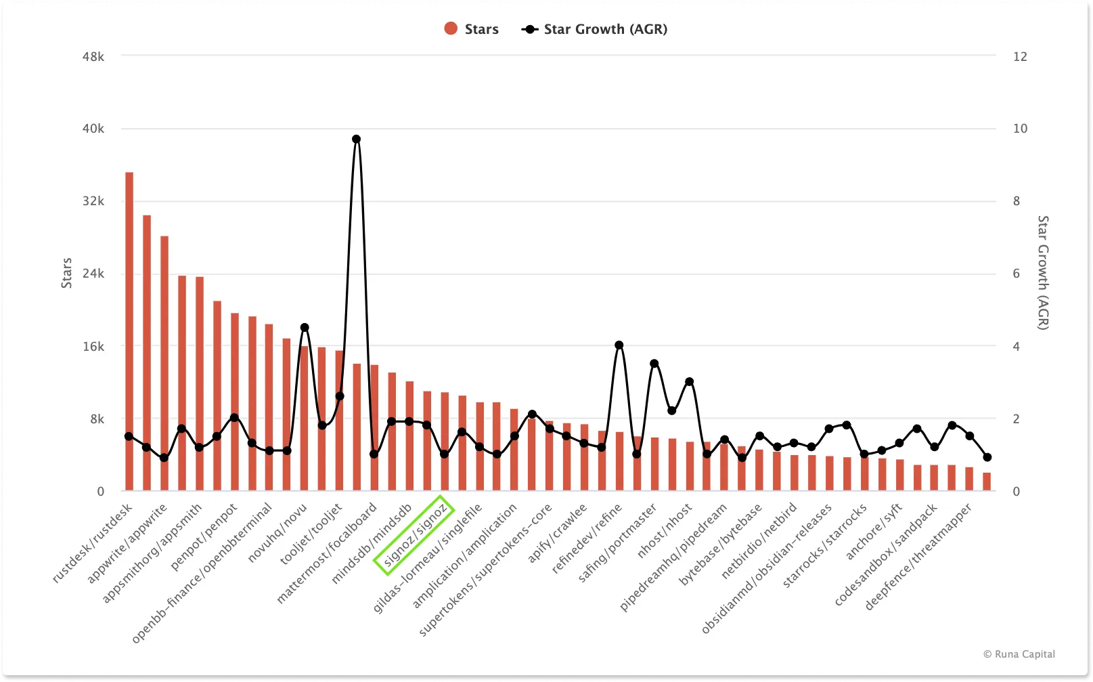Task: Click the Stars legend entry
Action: pos(472,28)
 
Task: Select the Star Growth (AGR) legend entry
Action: pos(594,29)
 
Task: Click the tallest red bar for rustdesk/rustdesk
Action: pos(129,332)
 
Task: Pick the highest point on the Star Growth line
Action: pos(357,140)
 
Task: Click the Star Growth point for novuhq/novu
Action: pos(305,328)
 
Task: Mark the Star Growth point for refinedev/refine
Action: pos(619,345)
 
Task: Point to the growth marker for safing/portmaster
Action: pos(654,364)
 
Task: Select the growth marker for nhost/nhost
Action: pos(690,382)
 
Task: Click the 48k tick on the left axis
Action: pos(93,56)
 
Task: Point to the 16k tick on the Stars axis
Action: pos(93,346)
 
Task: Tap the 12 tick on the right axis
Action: pos(1019,56)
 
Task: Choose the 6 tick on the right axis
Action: pos(1016,274)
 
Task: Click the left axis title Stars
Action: pos(66,273)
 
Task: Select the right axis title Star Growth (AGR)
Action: pos(1043,273)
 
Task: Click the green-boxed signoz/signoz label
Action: pos(414,535)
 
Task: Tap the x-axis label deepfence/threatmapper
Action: pos(919,557)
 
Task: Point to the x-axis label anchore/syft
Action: pos(874,531)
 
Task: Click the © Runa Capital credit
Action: pos(1019,654)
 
